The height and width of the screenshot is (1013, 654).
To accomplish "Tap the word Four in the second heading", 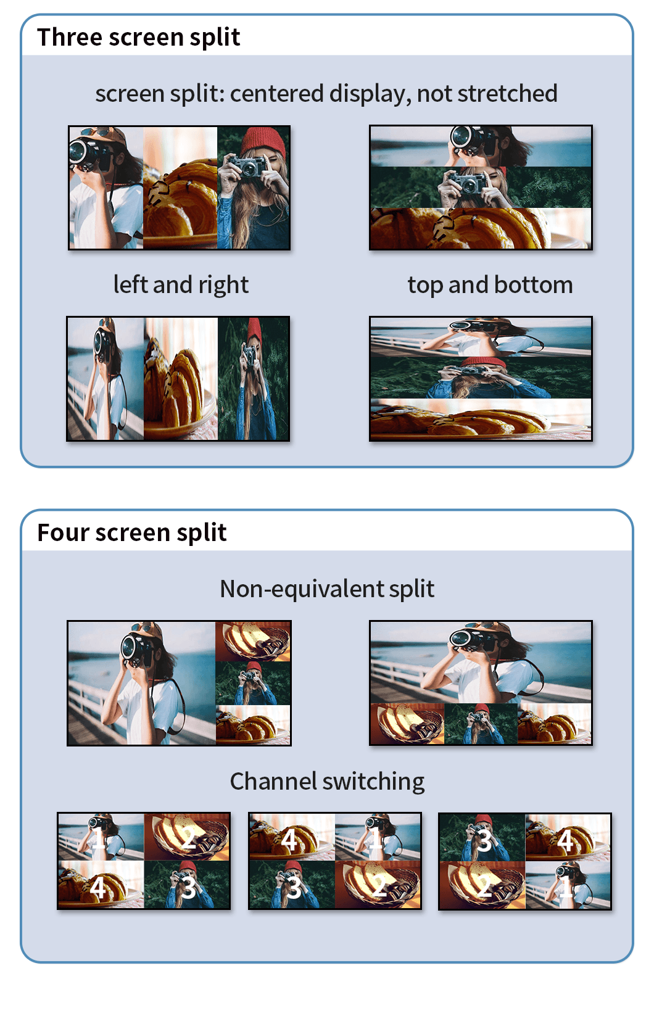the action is [64, 532].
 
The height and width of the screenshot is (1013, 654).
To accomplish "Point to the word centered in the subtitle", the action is [277, 94].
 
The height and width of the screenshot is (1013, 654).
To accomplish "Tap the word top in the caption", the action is [426, 286].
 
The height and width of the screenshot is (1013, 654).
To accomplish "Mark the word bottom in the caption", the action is [533, 284].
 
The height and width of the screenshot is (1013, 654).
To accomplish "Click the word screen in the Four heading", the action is [133, 533].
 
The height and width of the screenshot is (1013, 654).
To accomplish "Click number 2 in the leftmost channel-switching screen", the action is [188, 838].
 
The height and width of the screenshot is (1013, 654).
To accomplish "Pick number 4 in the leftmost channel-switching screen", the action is [97, 888].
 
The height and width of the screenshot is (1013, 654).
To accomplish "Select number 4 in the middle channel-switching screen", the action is [289, 840].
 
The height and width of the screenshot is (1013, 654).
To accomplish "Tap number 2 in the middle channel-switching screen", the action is [379, 887].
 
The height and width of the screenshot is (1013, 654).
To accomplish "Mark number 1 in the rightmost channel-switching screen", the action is [565, 887].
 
